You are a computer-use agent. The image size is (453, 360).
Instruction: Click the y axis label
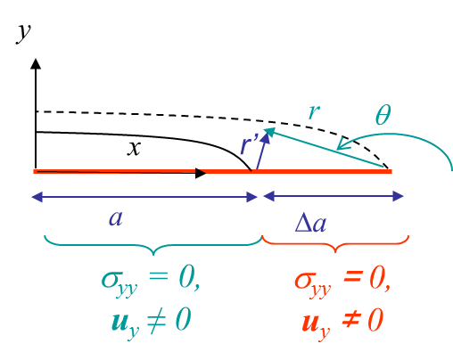[x=23, y=33]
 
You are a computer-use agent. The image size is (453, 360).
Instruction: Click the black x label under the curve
[x=134, y=148]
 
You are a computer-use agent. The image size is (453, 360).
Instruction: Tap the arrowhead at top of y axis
[x=36, y=64]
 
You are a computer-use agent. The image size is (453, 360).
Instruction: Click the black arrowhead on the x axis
[x=201, y=173]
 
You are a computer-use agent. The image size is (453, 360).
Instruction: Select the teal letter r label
[x=314, y=111]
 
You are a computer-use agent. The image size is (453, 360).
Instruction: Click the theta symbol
[x=383, y=114]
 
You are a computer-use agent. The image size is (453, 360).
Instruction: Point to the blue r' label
[x=249, y=144]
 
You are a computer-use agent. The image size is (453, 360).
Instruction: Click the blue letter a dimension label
[x=116, y=218]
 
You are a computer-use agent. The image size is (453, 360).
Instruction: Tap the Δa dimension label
[x=310, y=223]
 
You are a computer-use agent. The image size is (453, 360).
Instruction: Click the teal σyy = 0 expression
[x=150, y=282]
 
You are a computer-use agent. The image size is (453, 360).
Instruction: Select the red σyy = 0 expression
[x=342, y=282]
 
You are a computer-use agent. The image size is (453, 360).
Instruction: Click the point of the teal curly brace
[x=153, y=255]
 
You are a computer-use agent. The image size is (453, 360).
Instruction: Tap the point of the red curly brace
[x=335, y=252]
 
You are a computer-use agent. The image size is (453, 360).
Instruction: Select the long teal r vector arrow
[x=325, y=148]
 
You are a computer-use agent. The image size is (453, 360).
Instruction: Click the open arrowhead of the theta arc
[x=342, y=143]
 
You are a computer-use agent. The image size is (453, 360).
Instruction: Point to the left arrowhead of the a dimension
[x=37, y=197]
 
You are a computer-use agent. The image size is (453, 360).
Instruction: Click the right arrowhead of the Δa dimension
[x=398, y=196]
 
